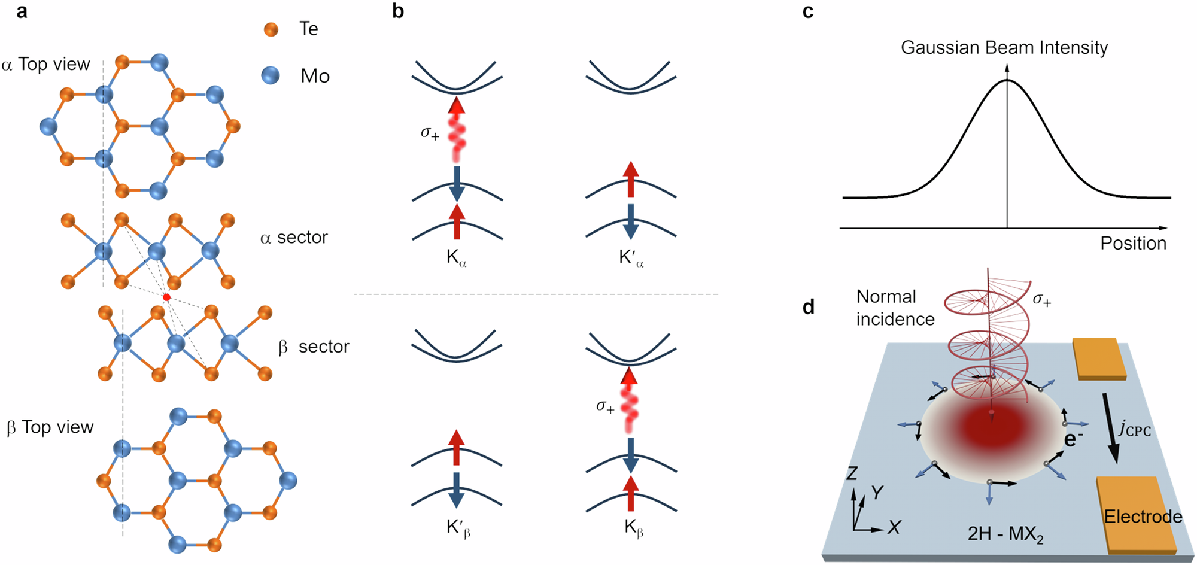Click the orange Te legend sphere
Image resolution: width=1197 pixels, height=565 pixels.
tap(271, 29)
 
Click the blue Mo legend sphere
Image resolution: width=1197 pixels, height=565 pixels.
tap(271, 75)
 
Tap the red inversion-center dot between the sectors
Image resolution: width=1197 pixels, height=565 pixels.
tap(166, 297)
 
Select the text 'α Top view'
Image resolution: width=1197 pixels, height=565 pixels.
tap(46, 64)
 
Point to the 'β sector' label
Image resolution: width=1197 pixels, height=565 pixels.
tap(314, 347)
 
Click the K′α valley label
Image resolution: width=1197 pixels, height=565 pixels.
tap(631, 259)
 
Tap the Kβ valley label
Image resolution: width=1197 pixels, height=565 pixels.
tap(633, 528)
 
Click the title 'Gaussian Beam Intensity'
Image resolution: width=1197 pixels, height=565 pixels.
tap(1004, 47)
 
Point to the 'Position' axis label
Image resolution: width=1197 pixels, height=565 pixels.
tap(1133, 243)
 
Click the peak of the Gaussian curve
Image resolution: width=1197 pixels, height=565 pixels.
tap(1007, 80)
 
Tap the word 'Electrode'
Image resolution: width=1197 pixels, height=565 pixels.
tap(1143, 517)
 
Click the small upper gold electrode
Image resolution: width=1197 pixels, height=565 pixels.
tap(1098, 359)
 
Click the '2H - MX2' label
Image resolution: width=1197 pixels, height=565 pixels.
tap(1005, 533)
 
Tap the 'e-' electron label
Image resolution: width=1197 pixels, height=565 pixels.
tap(1074, 439)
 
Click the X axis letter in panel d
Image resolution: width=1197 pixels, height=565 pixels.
tap(894, 527)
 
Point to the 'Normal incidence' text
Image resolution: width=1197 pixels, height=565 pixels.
tap(895, 308)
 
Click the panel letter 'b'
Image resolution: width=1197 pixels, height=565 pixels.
tap(398, 11)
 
